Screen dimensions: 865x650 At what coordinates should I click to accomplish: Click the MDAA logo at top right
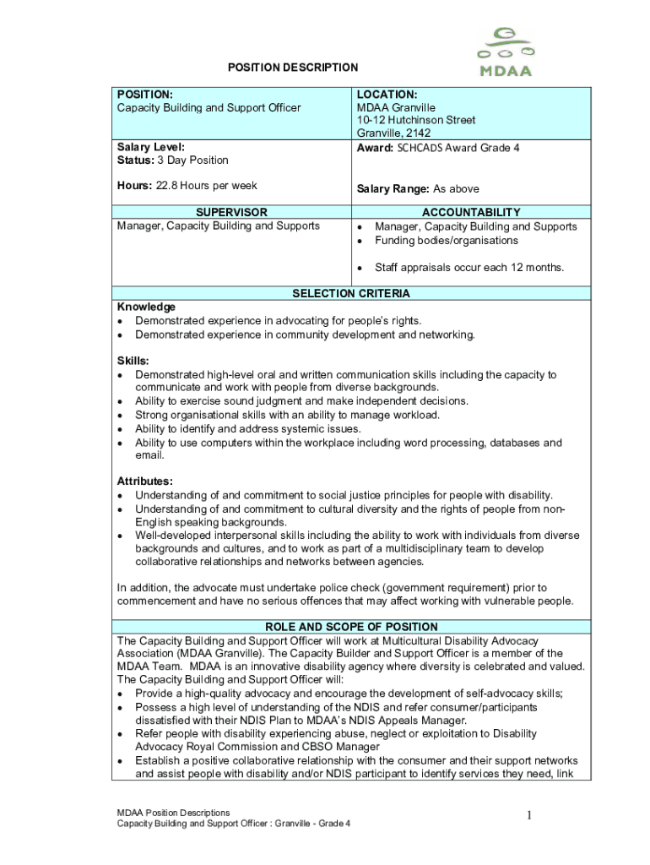(505, 52)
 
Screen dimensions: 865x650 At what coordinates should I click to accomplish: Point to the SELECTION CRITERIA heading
(351, 293)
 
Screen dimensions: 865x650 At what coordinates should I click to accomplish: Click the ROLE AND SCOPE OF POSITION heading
(351, 627)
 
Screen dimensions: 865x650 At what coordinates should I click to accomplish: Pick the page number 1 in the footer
(528, 815)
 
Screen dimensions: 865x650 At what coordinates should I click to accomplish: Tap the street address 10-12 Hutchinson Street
(416, 120)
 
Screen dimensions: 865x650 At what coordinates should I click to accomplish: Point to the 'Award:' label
(375, 148)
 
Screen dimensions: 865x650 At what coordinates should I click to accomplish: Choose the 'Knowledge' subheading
(146, 307)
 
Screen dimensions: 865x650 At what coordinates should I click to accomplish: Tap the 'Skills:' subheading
(133, 361)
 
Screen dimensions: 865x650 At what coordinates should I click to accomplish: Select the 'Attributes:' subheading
(145, 481)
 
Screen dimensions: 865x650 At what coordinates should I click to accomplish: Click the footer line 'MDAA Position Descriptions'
(173, 813)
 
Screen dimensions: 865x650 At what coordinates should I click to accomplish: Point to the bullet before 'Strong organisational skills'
(122, 416)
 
